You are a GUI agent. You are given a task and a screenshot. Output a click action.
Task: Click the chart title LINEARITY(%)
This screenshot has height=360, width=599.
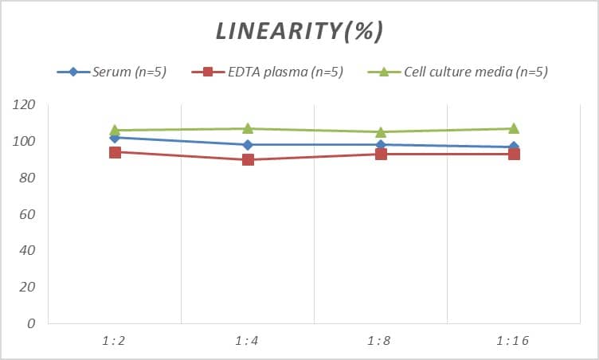click(299, 30)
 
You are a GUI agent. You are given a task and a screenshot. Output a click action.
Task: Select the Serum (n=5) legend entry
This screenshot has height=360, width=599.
click(112, 72)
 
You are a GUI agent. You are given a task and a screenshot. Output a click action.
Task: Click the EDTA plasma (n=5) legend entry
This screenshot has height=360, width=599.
click(268, 72)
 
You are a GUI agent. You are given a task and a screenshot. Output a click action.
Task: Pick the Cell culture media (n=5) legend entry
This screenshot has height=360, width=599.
click(459, 72)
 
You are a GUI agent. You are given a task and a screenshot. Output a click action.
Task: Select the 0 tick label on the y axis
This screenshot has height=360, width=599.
click(32, 323)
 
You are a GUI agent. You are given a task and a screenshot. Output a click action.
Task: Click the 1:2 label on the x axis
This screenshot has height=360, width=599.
click(115, 340)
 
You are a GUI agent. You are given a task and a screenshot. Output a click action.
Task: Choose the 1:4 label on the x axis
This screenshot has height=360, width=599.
click(248, 340)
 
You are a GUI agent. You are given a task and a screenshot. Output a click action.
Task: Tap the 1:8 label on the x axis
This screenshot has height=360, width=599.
click(381, 340)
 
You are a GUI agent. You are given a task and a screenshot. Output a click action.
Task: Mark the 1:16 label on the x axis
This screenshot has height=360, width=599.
click(514, 340)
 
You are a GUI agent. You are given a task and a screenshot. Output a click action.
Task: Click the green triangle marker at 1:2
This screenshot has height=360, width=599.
click(115, 130)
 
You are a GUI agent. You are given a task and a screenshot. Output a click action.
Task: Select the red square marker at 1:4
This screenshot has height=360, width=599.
click(248, 159)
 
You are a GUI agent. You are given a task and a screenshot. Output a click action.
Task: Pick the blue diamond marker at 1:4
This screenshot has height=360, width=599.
click(248, 145)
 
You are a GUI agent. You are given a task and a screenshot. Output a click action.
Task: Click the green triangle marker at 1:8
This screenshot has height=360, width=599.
click(381, 131)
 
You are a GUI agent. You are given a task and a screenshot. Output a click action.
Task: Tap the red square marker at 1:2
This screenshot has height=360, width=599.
click(115, 152)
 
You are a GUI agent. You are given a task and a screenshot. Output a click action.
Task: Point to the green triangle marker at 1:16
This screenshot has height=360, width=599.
click(514, 128)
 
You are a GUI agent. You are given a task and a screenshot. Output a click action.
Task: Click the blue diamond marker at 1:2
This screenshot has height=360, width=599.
click(115, 138)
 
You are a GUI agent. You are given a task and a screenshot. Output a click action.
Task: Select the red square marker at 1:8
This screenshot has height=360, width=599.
click(381, 154)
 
